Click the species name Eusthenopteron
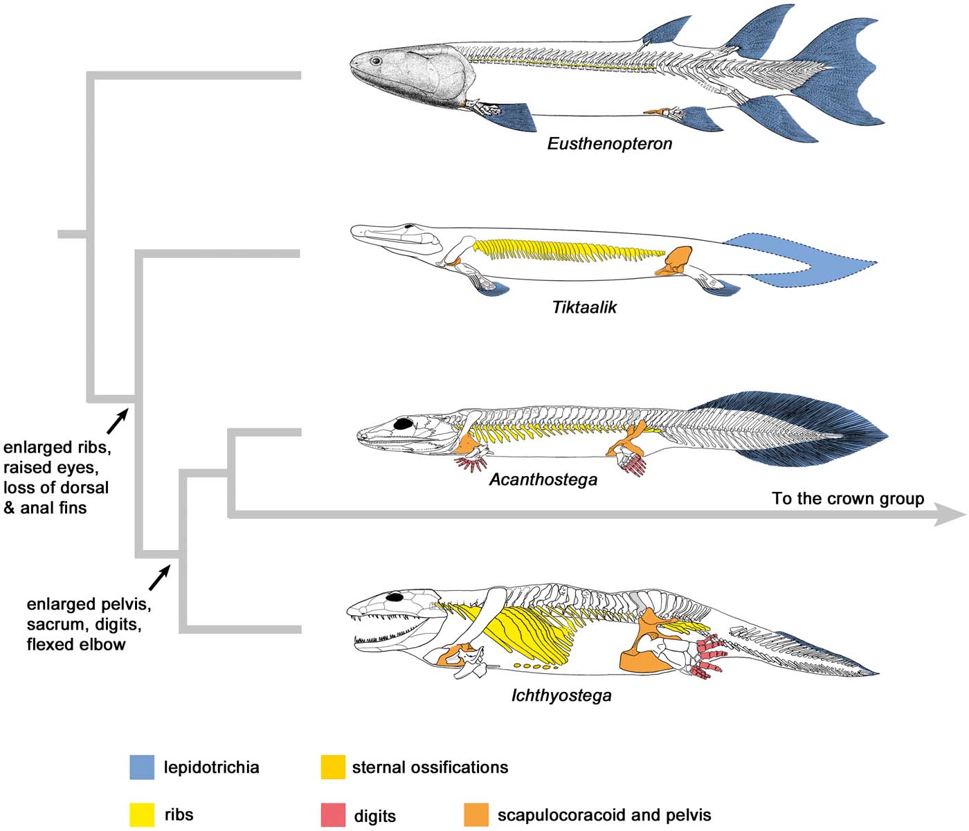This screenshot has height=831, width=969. tap(609, 144)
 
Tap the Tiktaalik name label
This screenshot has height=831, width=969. tap(584, 307)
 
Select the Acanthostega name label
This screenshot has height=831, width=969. tap(543, 480)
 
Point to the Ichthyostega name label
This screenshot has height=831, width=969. tap(561, 695)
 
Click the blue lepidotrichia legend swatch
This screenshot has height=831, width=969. tap(142, 767)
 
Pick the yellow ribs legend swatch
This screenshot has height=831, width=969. tap(142, 814)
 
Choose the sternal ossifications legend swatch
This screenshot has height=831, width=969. tap(333, 767)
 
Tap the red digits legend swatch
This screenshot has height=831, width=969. tap(333, 814)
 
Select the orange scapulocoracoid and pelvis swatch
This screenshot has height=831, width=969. tap(476, 814)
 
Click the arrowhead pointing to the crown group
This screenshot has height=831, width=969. tap(950, 514)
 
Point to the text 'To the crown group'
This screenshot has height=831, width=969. tap(848, 499)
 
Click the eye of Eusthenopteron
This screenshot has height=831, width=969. tap(376, 61)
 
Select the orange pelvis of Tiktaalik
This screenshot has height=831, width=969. tap(676, 261)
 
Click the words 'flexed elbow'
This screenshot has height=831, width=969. tap(76, 645)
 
